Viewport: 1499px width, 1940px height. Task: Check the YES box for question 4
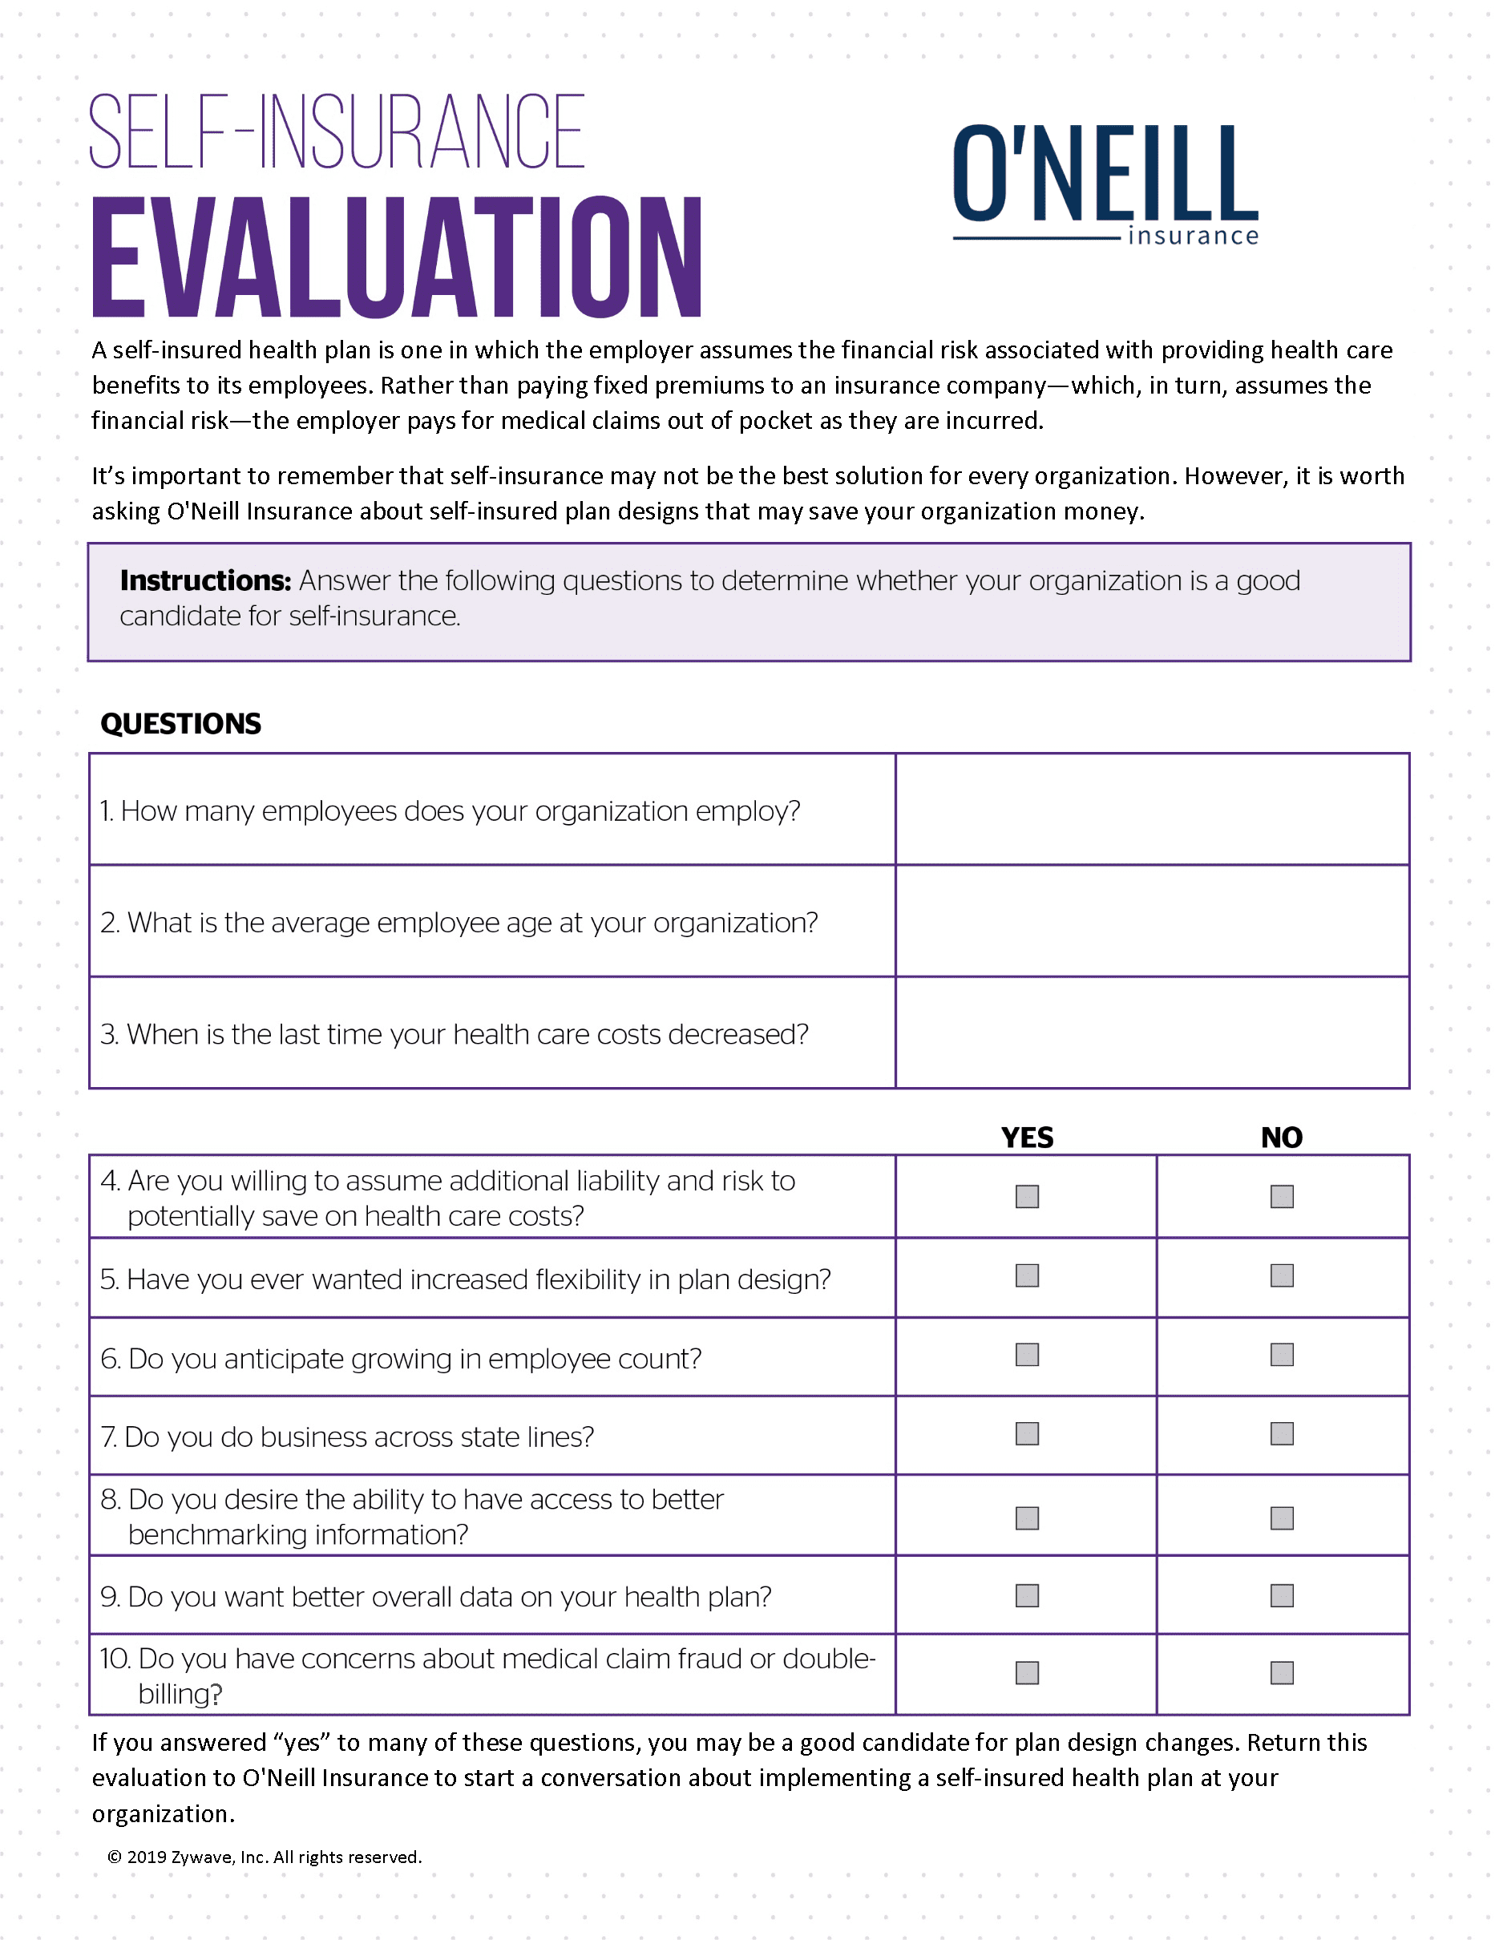click(x=1027, y=1197)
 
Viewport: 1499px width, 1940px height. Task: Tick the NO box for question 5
click(x=1282, y=1275)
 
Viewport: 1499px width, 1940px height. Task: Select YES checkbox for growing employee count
click(x=1027, y=1355)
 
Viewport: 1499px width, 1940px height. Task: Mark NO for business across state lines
click(x=1282, y=1433)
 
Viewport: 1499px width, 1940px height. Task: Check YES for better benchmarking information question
click(x=1027, y=1518)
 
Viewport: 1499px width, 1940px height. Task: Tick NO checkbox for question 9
click(x=1282, y=1596)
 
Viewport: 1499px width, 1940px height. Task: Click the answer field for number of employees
click(x=1152, y=809)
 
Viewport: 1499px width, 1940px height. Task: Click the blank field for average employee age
click(x=1152, y=921)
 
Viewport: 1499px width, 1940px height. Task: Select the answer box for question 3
click(x=1152, y=1033)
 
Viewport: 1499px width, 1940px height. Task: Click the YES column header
click(x=1027, y=1138)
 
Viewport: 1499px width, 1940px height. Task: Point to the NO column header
click(x=1282, y=1138)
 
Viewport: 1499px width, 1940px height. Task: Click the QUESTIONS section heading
click(x=181, y=724)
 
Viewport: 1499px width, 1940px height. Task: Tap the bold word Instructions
click(x=205, y=581)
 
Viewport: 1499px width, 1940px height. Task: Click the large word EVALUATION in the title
click(x=397, y=257)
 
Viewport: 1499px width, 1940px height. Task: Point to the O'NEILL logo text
click(x=1105, y=174)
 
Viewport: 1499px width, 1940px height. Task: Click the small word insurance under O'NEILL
click(x=1193, y=236)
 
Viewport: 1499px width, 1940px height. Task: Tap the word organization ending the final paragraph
click(x=163, y=1814)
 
